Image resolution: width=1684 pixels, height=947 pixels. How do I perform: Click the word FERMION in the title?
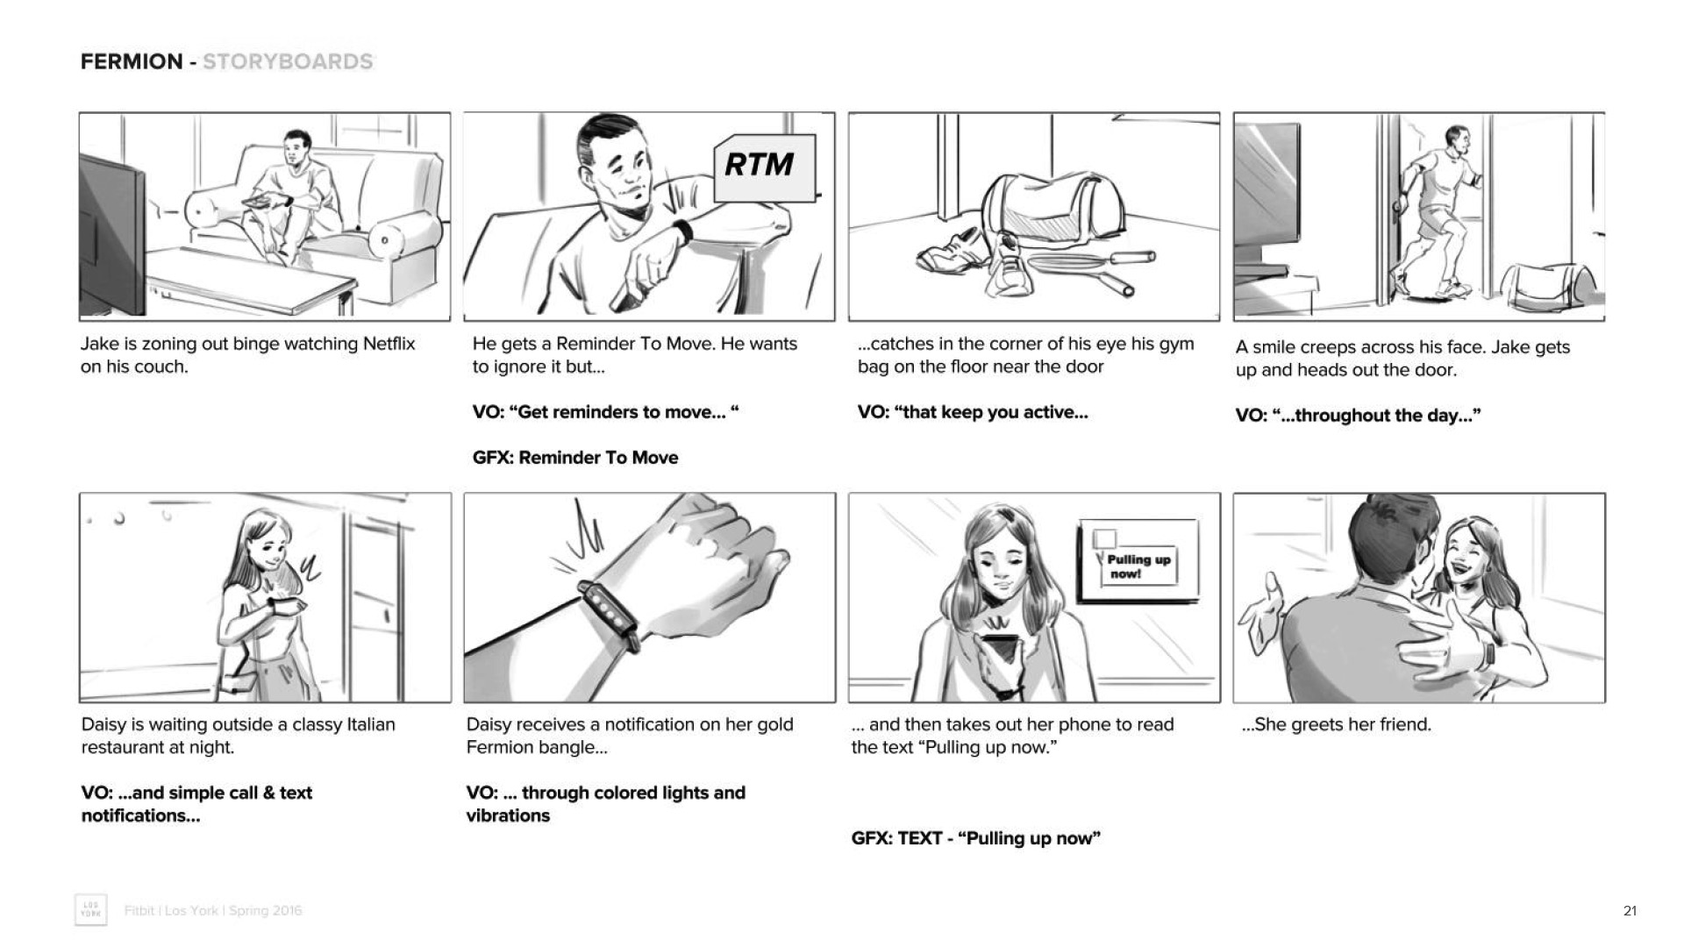point(132,61)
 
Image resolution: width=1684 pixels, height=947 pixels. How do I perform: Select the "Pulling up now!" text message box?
point(1138,562)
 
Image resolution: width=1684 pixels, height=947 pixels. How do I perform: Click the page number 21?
point(1630,911)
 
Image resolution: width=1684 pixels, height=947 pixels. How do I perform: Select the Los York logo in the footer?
point(91,910)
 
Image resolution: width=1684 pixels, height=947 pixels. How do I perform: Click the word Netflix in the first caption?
point(389,344)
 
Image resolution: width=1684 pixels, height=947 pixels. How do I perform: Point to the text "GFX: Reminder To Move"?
point(575,458)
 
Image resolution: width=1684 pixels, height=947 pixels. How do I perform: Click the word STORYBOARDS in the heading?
point(288,61)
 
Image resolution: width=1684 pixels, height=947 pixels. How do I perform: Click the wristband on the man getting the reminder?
point(682,231)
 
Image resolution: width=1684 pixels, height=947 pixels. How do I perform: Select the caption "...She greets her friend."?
point(1337,724)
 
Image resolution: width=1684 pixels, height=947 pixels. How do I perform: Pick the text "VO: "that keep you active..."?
point(973,412)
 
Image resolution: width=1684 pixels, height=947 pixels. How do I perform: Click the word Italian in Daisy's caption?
point(371,724)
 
